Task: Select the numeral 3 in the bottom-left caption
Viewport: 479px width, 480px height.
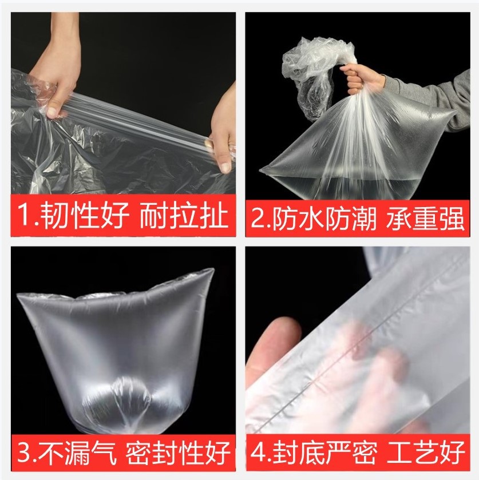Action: [x=24, y=452]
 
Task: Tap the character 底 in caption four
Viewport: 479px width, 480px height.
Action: [x=311, y=452]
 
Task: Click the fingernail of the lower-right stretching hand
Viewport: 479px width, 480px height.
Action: [x=226, y=168]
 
